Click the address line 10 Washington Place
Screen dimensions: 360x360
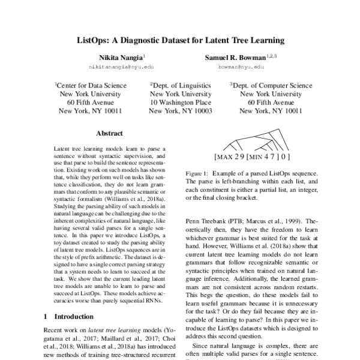(x=180, y=103)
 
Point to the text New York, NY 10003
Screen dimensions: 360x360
(x=180, y=111)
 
